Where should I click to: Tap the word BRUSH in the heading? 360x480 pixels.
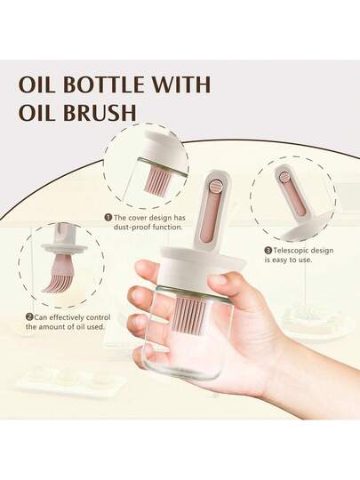click(x=100, y=112)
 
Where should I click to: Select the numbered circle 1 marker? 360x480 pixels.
click(x=108, y=218)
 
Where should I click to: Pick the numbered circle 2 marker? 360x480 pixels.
click(x=29, y=317)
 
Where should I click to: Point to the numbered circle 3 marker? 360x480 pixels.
click(x=268, y=251)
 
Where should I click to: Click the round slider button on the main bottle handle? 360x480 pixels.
click(x=215, y=187)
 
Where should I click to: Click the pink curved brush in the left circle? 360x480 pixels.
click(x=58, y=276)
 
